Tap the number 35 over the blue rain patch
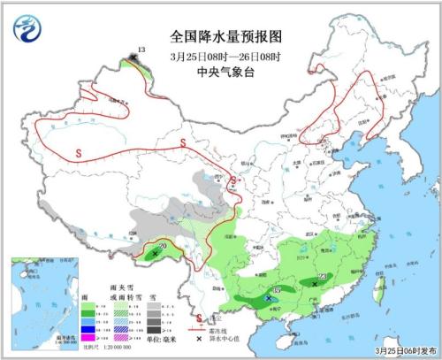point(277,290)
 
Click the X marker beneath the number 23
point(316,284)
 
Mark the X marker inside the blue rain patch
point(269,299)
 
